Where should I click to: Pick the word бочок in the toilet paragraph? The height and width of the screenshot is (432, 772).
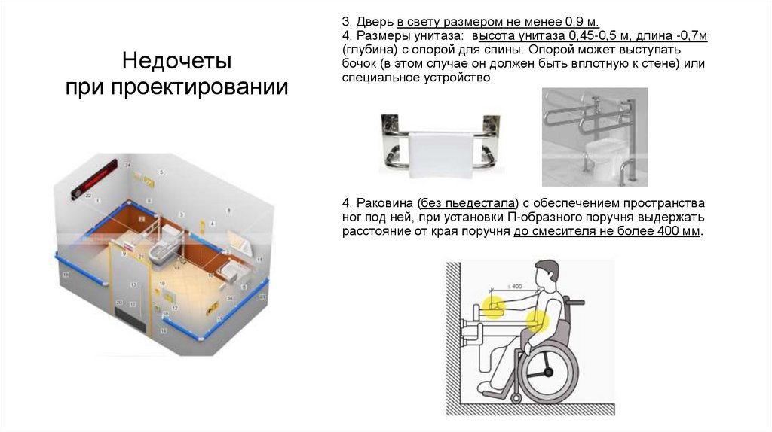click(359, 64)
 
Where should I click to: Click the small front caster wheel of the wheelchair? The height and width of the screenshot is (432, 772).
click(517, 395)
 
